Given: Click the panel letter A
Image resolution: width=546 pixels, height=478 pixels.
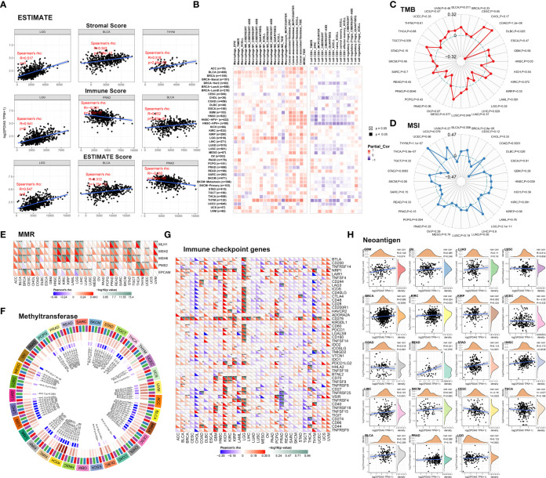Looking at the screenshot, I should pyautogui.click(x=5, y=5).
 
